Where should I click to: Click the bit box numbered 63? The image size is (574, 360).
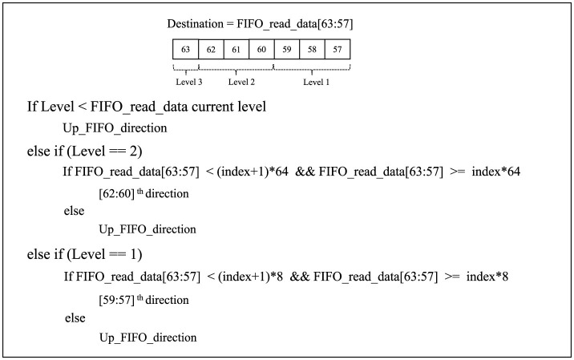[186, 49]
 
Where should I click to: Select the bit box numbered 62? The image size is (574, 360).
[211, 49]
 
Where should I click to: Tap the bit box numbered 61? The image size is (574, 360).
[236, 49]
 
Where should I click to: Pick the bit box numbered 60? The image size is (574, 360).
[261, 49]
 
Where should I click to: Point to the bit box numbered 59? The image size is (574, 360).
[287, 49]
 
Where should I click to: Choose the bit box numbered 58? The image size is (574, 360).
[312, 49]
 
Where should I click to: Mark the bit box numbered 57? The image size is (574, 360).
[338, 49]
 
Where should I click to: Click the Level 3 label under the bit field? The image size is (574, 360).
[189, 82]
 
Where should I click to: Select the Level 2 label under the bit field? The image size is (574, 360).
[241, 82]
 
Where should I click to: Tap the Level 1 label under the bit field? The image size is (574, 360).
[316, 82]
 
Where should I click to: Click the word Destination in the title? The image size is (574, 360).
[195, 24]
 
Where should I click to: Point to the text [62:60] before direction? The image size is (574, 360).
[117, 193]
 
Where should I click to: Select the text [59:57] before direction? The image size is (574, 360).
[117, 300]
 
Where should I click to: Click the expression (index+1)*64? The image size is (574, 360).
[253, 172]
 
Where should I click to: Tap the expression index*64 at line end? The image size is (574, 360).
[495, 172]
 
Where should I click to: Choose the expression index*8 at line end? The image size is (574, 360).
[487, 277]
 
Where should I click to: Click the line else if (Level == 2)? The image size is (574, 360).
[84, 151]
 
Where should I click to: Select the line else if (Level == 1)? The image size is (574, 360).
[84, 254]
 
